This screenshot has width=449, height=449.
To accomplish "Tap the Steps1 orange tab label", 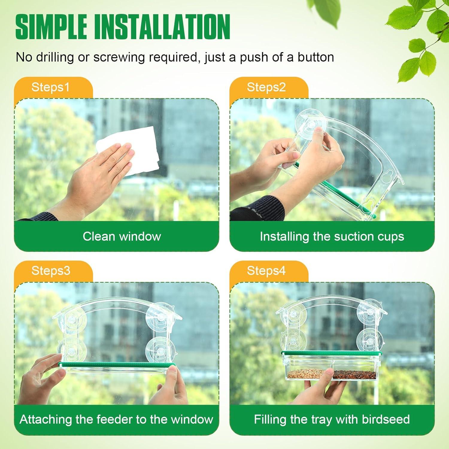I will [50, 87].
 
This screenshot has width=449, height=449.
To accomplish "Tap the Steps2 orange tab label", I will [266, 87].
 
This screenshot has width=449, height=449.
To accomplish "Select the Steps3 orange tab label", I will [51, 271].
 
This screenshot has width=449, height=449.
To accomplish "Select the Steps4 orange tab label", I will [266, 271].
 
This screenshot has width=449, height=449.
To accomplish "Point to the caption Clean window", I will [122, 236].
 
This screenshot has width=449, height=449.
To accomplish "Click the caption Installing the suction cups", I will [332, 236].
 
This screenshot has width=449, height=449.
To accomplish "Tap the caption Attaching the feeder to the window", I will [116, 420].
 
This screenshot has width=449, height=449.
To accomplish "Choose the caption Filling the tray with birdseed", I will [332, 420].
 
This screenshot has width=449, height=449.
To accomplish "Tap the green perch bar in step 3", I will [117, 365].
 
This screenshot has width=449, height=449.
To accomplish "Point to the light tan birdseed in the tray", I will [305, 373].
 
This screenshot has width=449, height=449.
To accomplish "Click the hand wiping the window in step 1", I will [99, 174].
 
